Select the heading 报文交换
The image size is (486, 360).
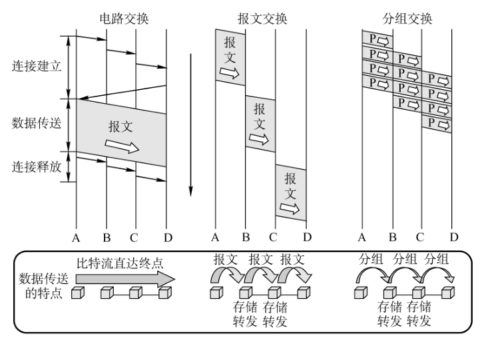coord(262,18)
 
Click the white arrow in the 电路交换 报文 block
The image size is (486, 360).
coord(122,146)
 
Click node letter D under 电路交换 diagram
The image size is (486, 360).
coord(167,237)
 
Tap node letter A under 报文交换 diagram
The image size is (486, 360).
coord(214,237)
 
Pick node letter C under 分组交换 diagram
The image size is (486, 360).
coord(419,237)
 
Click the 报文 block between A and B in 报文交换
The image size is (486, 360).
coord(230,57)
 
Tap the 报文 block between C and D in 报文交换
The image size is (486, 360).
coord(291,193)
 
